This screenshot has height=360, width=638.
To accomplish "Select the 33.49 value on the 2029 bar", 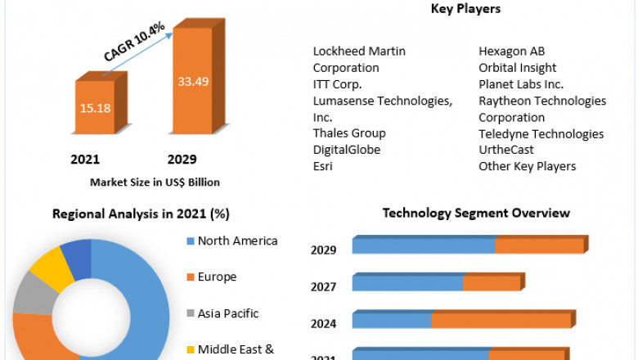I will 193,81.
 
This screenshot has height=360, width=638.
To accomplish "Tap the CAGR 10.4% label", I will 135,42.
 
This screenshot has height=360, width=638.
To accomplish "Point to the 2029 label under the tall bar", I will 181,159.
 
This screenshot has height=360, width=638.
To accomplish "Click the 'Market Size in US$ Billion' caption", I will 155,182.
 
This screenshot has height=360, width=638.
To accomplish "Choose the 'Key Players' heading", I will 465,9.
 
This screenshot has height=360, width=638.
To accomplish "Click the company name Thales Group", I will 349,133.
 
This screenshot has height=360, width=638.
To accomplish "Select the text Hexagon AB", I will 511,52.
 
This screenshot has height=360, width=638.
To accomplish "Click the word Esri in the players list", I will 323,166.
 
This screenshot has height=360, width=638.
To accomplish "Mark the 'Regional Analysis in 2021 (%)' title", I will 141,214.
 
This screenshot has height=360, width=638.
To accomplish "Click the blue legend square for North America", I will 191,241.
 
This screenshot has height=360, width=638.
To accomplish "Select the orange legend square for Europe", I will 191,277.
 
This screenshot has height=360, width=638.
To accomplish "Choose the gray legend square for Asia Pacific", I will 191,313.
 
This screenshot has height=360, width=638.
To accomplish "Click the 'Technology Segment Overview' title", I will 476,213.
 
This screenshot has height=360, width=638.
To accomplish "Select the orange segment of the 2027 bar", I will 492,283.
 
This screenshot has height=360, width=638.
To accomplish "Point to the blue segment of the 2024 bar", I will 392,321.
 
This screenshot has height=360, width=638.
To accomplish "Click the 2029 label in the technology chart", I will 323,250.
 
